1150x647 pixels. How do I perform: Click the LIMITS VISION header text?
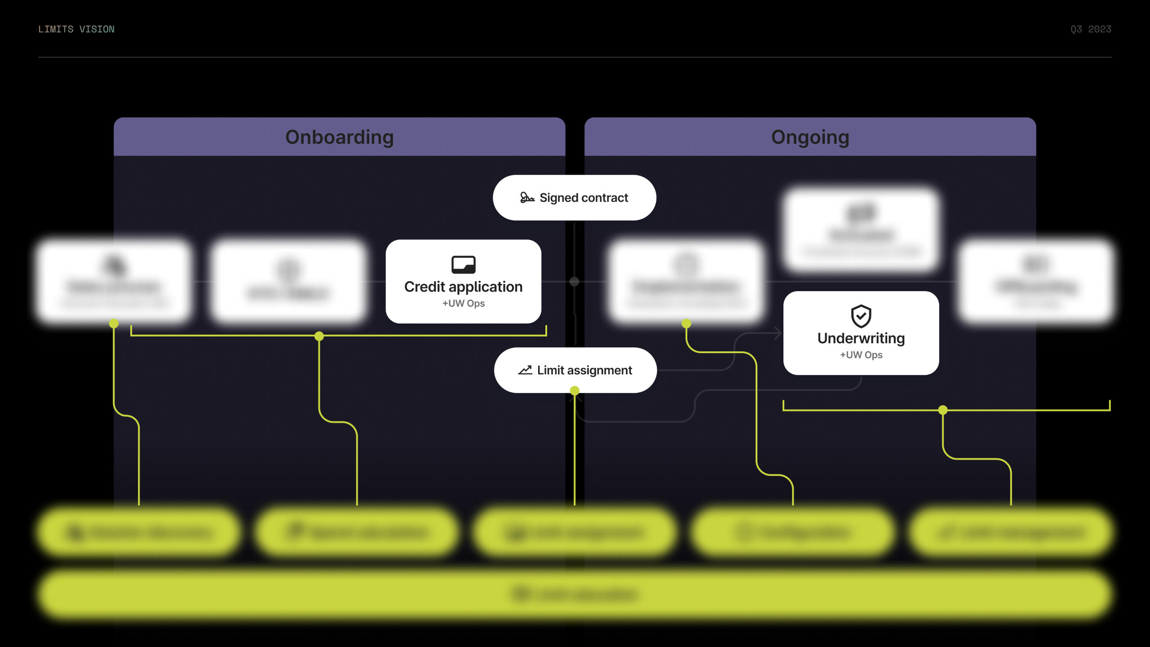(x=76, y=29)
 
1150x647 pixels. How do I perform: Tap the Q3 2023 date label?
(x=1090, y=29)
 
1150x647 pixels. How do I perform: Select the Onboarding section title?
(x=340, y=137)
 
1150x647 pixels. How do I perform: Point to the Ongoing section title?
(x=810, y=137)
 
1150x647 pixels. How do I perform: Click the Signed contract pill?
(x=574, y=198)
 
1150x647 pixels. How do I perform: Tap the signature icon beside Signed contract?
(x=527, y=198)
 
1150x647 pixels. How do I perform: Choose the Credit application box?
(x=463, y=282)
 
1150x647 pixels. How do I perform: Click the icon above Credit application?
(x=463, y=265)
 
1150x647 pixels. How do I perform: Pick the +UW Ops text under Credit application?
(x=463, y=304)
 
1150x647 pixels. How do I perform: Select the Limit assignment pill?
(x=575, y=370)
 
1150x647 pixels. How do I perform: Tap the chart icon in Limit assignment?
(x=525, y=370)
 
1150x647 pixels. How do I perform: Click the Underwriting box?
(x=861, y=333)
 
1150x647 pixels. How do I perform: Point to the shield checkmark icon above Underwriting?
(x=861, y=316)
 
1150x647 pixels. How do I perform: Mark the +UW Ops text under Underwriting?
(x=861, y=355)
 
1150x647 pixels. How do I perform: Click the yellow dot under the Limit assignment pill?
(x=575, y=390)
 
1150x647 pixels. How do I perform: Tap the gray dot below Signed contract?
(x=574, y=282)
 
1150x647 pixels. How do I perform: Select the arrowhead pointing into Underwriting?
(x=778, y=333)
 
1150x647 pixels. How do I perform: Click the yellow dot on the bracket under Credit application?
(x=319, y=336)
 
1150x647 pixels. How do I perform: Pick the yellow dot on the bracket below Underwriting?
(x=943, y=410)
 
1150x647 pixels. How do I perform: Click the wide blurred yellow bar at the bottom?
(x=575, y=594)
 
